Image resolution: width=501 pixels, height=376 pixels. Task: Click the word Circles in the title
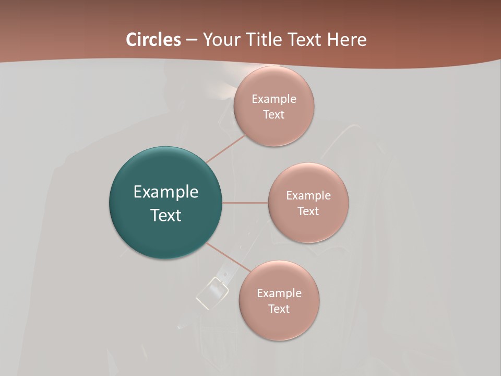(x=153, y=40)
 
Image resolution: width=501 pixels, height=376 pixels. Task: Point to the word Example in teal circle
(x=166, y=192)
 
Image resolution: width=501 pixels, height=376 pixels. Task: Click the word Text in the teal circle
(x=166, y=215)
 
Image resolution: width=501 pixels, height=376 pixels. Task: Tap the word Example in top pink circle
(x=274, y=99)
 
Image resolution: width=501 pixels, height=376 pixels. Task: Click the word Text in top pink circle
(x=274, y=114)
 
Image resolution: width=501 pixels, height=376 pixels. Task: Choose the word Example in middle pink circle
(x=308, y=195)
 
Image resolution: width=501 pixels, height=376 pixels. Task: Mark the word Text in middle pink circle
(x=308, y=211)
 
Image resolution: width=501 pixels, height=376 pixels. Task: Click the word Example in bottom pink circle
(x=279, y=293)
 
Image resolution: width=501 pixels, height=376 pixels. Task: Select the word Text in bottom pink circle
(x=279, y=309)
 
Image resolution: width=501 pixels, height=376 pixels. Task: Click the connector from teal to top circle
(x=225, y=149)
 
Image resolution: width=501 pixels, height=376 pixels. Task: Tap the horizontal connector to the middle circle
(x=245, y=203)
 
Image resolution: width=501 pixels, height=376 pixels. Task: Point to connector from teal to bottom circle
(x=229, y=257)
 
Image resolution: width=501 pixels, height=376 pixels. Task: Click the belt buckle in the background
(x=211, y=291)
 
